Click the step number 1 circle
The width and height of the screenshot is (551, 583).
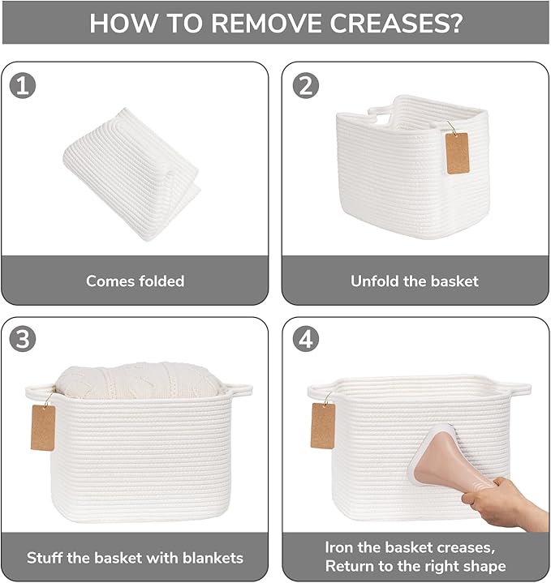(x=23, y=85)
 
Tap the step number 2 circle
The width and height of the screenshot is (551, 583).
(x=305, y=85)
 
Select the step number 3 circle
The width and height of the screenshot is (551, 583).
(x=23, y=340)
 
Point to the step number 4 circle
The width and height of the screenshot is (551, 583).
(x=305, y=340)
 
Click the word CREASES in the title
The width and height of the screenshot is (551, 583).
(x=396, y=23)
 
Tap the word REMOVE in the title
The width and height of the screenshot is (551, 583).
(x=267, y=23)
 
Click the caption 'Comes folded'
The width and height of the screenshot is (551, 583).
(x=135, y=281)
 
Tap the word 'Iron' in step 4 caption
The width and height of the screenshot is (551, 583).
(x=339, y=547)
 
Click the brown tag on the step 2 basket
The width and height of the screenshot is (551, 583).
(x=457, y=152)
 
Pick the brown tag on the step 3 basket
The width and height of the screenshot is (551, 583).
(x=43, y=427)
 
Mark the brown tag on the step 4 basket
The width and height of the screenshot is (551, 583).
(x=322, y=426)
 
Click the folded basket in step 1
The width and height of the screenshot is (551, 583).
(x=131, y=174)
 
